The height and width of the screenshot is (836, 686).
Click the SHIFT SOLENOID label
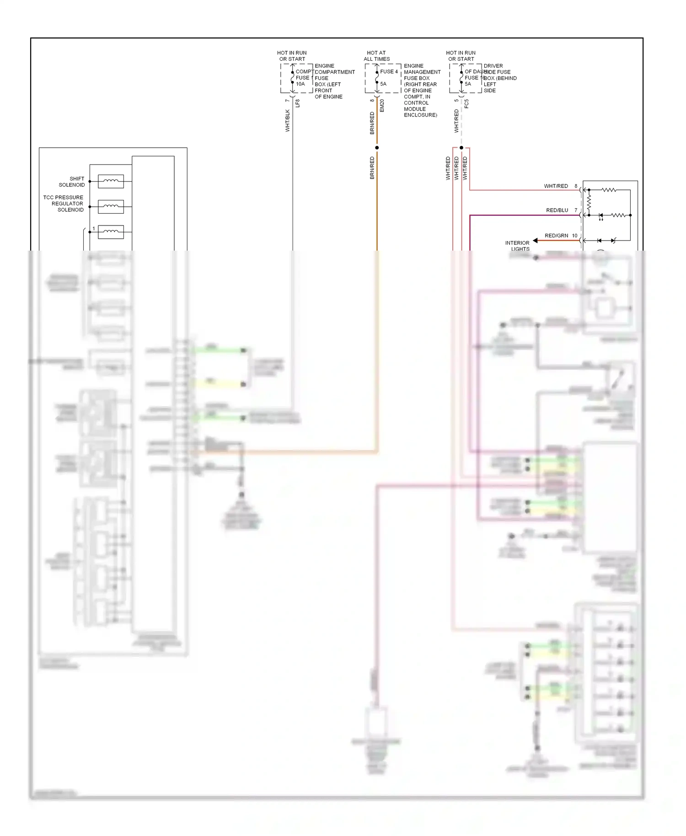pos(72,182)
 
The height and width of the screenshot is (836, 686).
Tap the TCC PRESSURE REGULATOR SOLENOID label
pos(64,204)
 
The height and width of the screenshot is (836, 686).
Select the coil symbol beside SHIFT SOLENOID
pos(111,182)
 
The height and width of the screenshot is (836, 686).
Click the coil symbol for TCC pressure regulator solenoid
pos(111,207)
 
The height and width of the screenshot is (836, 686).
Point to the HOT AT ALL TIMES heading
pos(376,56)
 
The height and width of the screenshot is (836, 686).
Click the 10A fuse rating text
pos(300,84)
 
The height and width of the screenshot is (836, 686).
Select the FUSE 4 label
pos(389,72)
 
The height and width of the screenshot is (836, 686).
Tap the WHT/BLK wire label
pos(288,121)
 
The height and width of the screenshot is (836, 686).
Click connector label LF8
pos(298,103)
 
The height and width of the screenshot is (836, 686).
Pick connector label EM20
pos(382,106)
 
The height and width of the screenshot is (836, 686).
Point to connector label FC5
pos(466,104)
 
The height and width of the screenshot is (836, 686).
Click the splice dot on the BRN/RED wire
pos(377,148)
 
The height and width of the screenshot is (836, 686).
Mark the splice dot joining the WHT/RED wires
pos(461,148)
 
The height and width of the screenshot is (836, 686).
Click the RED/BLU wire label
pos(557,210)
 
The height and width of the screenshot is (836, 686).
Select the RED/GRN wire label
pos(556,236)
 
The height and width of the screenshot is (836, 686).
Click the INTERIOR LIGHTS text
pos(517,246)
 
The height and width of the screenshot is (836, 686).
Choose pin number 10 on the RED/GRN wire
pos(574,236)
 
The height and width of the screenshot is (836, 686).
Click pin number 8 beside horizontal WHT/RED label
pos(576,186)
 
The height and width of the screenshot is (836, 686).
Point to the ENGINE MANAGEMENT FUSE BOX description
pos(421,90)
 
